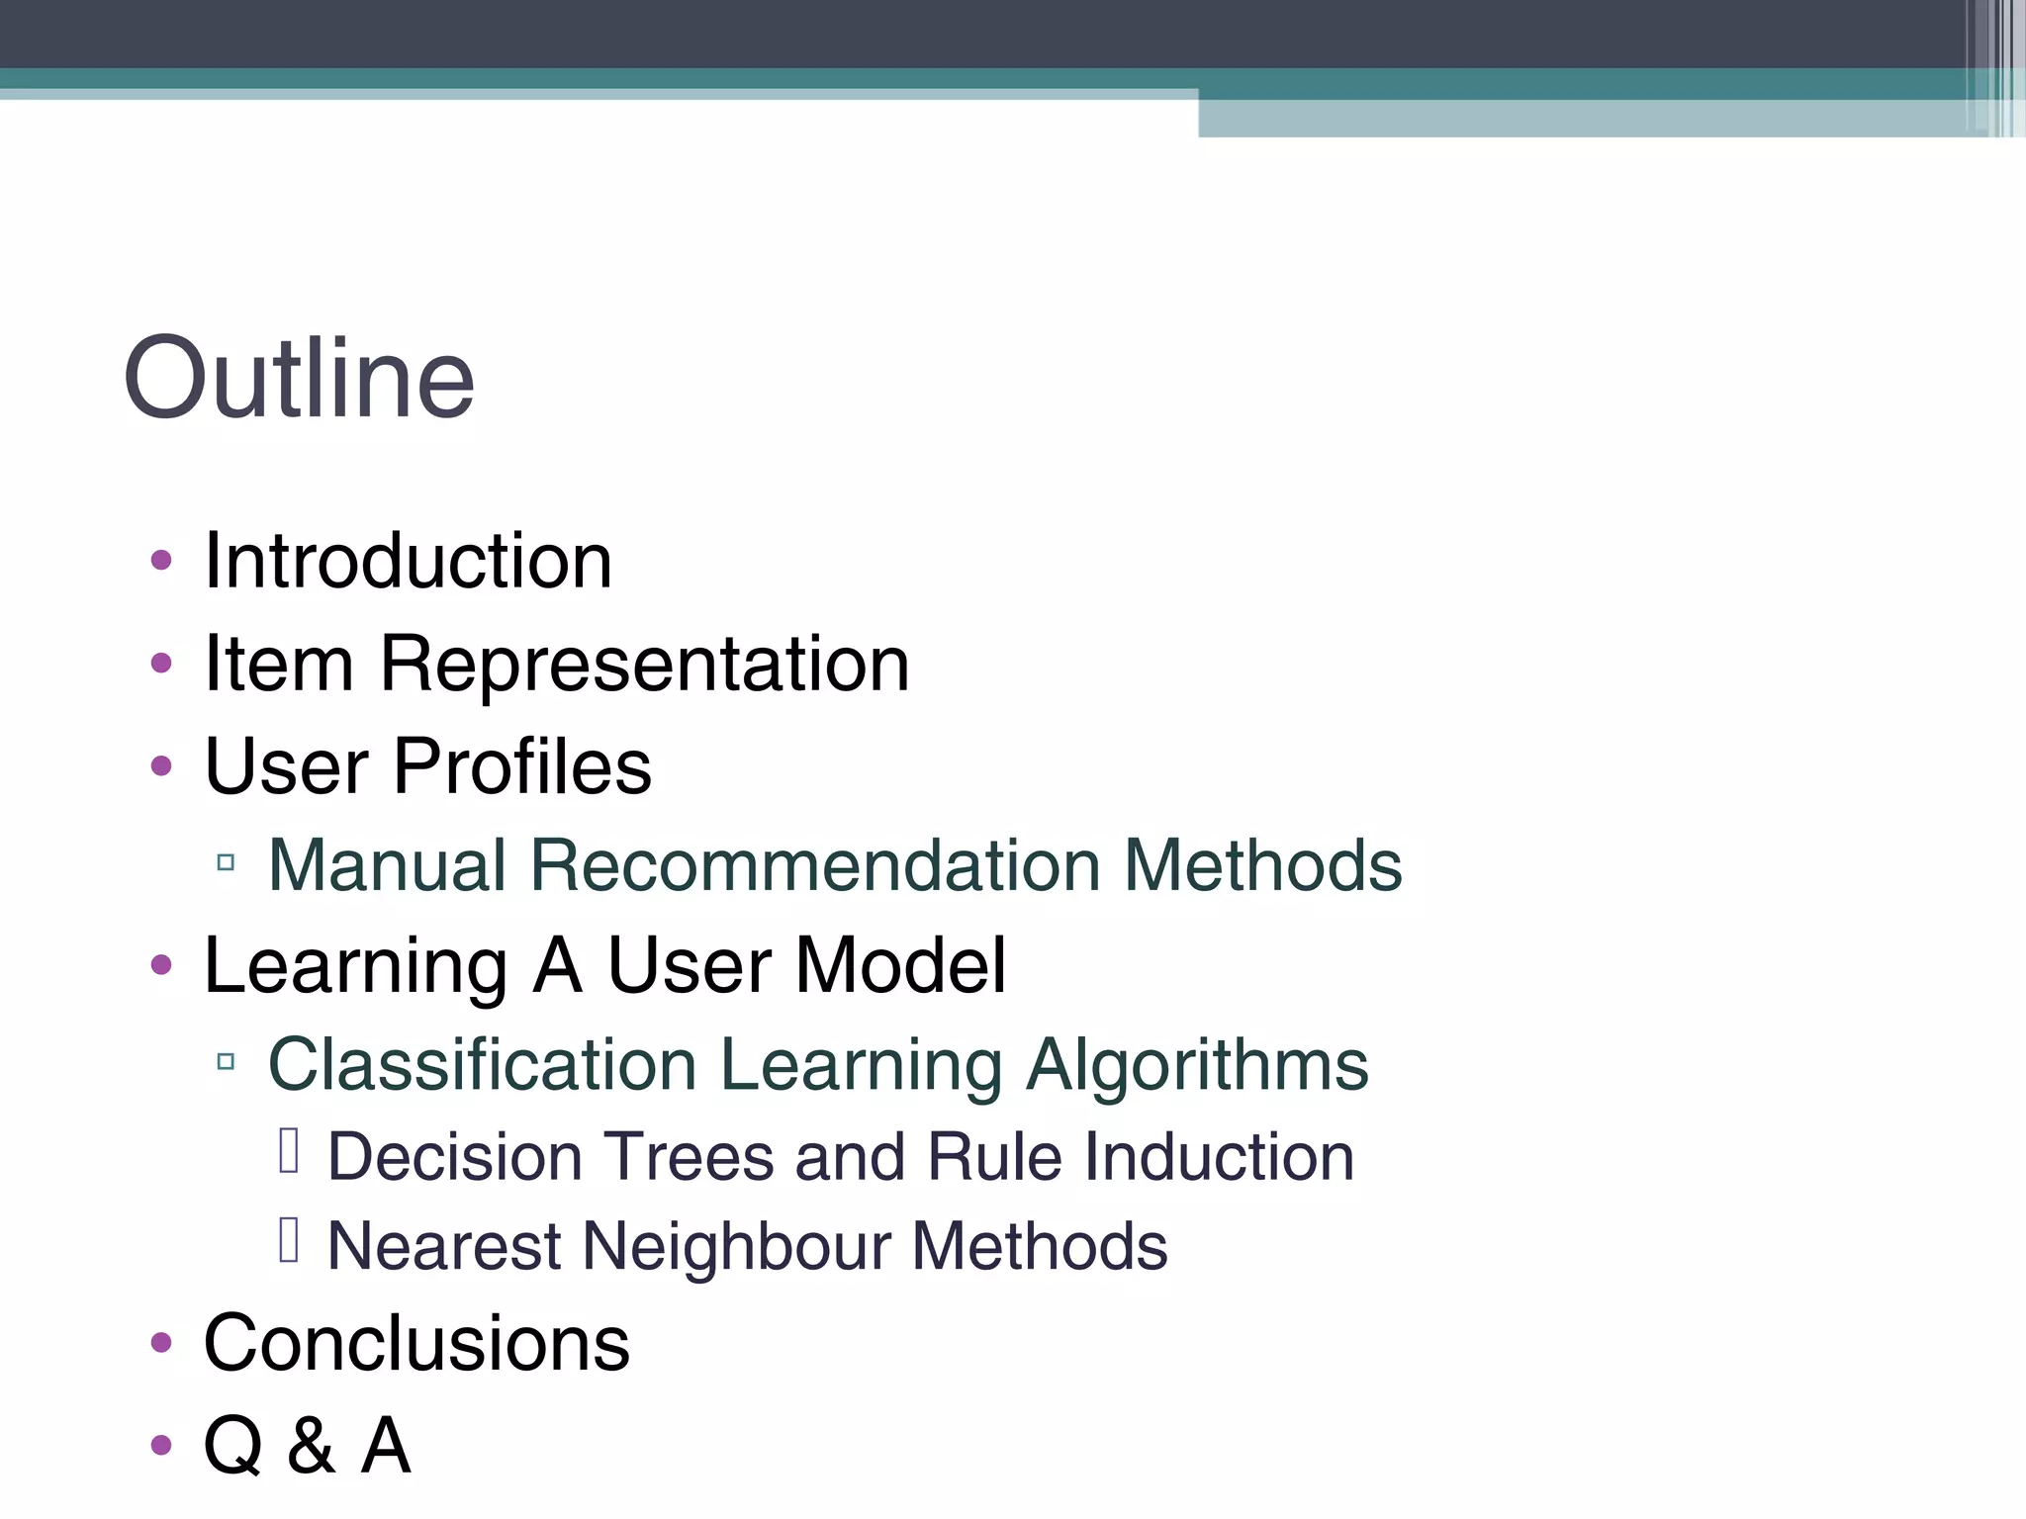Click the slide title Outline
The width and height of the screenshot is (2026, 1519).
[x=299, y=379]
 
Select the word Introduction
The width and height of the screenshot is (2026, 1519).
[x=408, y=562]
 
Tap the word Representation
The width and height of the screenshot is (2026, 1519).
[x=644, y=665]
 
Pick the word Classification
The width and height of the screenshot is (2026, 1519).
[x=483, y=1066]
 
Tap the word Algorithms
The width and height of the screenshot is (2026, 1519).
[x=1197, y=1066]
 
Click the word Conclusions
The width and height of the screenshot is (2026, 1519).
[x=416, y=1344]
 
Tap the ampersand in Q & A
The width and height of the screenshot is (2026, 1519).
[x=311, y=1446]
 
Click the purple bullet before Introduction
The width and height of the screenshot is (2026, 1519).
[x=161, y=562]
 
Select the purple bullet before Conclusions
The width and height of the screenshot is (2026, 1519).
[x=161, y=1344]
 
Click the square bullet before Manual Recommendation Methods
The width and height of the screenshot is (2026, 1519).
[x=226, y=863]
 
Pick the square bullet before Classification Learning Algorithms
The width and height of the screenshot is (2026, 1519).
[x=226, y=1063]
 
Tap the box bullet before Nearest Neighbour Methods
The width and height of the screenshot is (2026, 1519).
[x=289, y=1240]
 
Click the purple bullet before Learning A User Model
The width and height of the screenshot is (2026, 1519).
[x=161, y=965]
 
